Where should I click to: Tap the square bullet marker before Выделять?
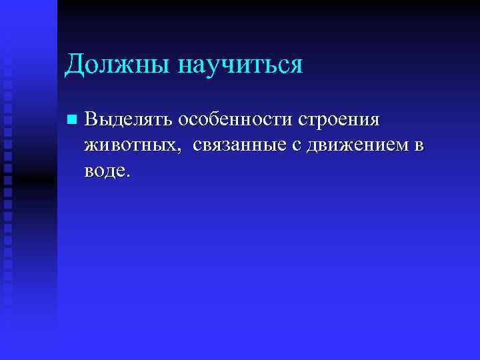point(71,121)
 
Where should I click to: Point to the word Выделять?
point(127,120)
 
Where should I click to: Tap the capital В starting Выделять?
point(92,120)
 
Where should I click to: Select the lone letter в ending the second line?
point(418,146)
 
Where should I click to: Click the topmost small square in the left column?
point(7,47)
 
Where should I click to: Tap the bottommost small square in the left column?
point(7,301)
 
